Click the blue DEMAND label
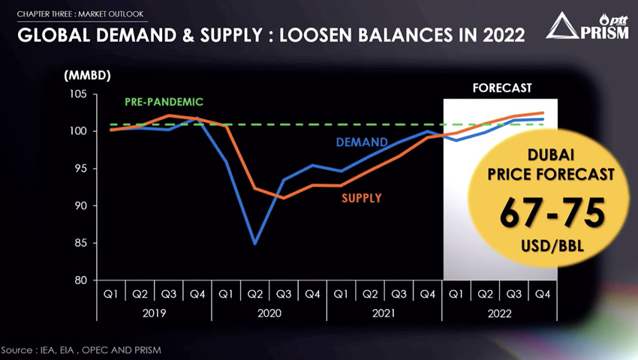[361, 142]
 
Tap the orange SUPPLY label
[361, 199]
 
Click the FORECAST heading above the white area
[501, 88]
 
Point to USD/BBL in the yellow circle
[552, 246]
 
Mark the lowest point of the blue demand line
[255, 243]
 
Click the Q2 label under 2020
[255, 294]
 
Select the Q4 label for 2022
[541, 294]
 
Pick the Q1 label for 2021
[340, 294]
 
